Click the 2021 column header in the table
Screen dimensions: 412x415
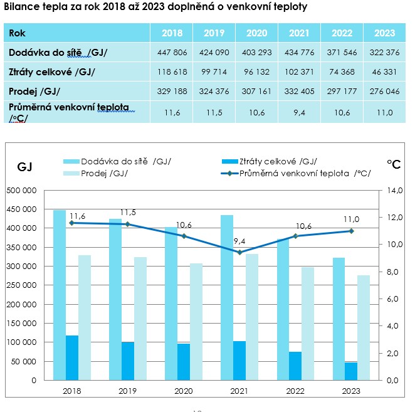pos(299,33)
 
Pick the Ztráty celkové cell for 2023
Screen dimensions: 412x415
pos(384,72)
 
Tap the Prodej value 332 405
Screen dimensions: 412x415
pos(299,92)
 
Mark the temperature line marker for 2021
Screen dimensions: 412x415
pos(239,252)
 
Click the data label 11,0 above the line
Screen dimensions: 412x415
pos(351,219)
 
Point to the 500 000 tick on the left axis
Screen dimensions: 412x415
pos(22,190)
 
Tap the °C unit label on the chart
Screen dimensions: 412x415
pos(394,164)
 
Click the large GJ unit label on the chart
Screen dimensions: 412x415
pos(24,166)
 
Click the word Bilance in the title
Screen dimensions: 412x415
pos(21,8)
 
